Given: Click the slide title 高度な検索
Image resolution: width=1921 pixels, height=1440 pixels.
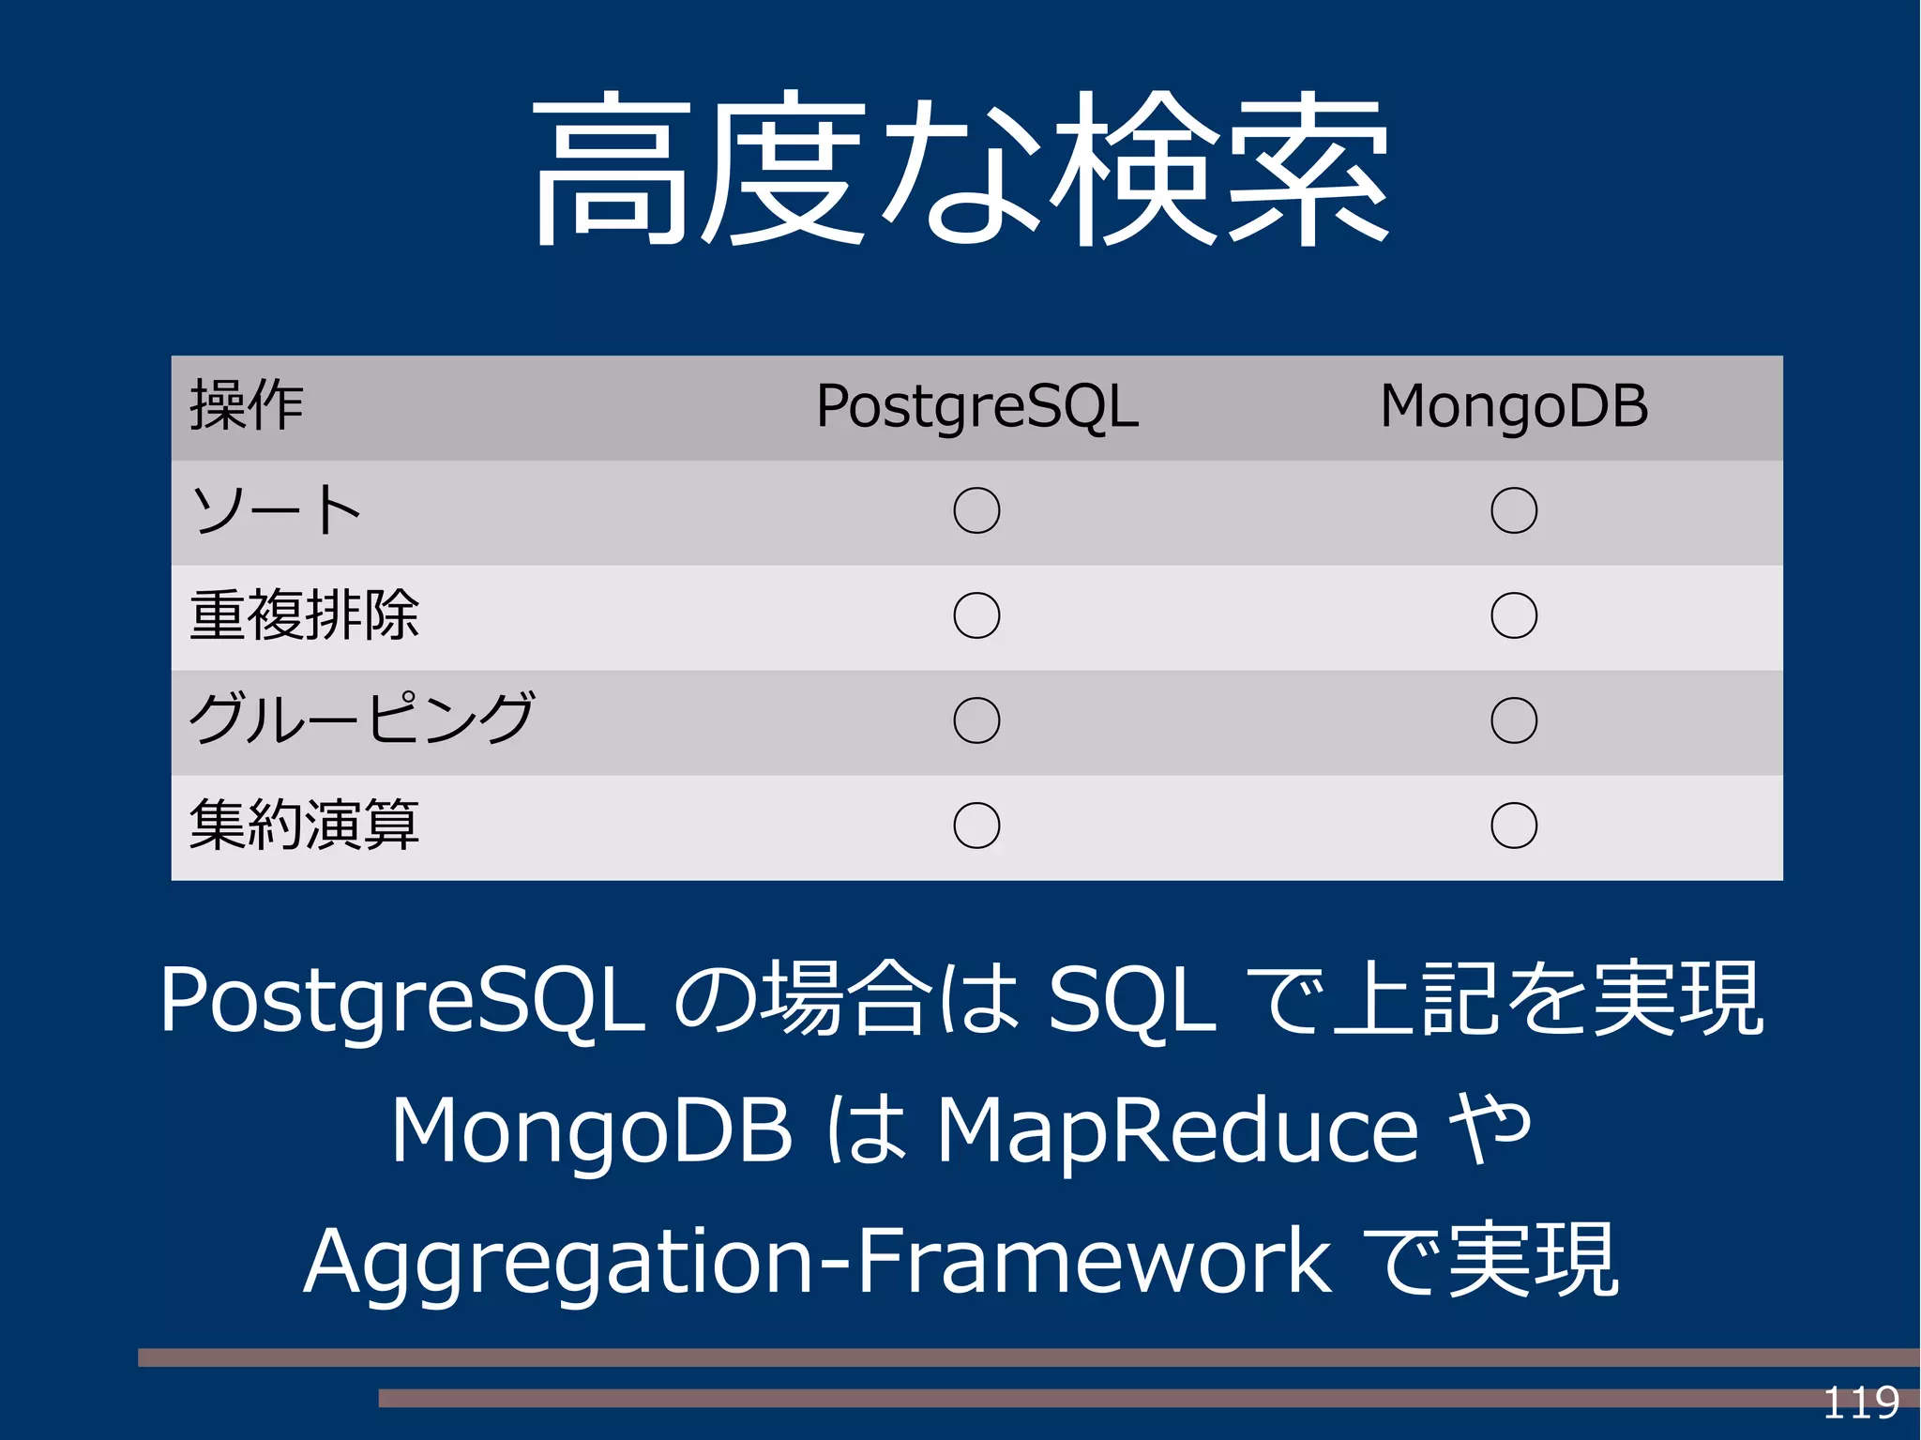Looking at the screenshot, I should (960, 169).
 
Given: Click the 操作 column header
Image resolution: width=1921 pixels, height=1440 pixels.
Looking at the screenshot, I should (247, 406).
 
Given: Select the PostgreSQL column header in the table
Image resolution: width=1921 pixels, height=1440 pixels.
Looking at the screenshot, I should (976, 406).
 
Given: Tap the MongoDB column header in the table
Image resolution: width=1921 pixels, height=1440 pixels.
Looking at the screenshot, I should (1513, 406).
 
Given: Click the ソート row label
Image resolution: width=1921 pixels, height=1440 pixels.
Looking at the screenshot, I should (276, 511).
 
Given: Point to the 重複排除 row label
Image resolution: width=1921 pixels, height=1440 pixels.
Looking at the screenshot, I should (304, 615).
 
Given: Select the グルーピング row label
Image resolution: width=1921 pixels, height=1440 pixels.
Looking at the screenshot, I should (361, 720).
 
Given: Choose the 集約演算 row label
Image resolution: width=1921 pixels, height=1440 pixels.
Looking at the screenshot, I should (304, 826).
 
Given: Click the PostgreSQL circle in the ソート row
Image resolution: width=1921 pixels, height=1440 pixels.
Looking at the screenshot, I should (976, 511).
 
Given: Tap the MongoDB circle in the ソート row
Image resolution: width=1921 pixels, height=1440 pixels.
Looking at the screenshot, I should (1513, 511).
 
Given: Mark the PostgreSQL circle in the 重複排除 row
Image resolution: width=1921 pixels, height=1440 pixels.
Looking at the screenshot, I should (976, 615).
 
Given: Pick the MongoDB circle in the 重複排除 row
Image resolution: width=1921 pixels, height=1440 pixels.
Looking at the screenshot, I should (1513, 615).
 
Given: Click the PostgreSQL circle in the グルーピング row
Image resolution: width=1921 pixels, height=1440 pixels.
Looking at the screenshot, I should (976, 720).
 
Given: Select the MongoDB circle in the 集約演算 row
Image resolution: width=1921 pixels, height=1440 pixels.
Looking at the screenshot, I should (1513, 826).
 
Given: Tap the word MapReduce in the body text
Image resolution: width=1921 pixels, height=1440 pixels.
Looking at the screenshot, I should (1177, 1130).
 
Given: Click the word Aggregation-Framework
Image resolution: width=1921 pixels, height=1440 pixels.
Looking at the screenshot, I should (816, 1262).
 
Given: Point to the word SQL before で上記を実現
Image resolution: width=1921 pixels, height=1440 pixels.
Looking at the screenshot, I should (1131, 1001).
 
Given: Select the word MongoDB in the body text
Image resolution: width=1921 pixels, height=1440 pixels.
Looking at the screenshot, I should (591, 1130).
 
